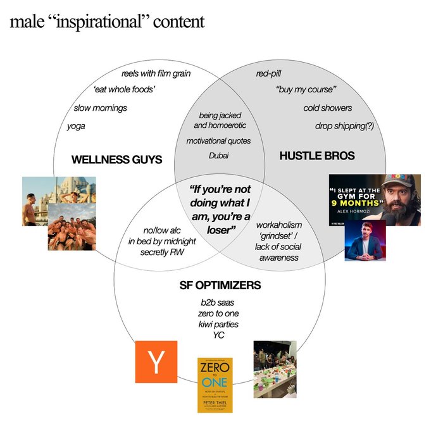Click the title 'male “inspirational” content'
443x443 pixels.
click(107, 22)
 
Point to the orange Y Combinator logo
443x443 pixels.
click(156, 362)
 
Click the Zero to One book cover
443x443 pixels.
click(215, 385)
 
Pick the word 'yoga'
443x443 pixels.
click(76, 126)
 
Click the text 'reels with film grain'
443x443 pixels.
click(156, 73)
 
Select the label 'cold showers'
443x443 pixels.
click(327, 108)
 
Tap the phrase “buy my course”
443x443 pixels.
click(306, 90)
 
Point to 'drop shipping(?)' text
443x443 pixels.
click(344, 126)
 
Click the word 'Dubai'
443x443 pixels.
click(218, 156)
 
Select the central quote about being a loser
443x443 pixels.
click(220, 210)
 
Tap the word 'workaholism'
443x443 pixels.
click(279, 225)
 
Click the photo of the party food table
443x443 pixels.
click(274, 369)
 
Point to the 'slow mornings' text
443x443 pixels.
click(100, 108)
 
